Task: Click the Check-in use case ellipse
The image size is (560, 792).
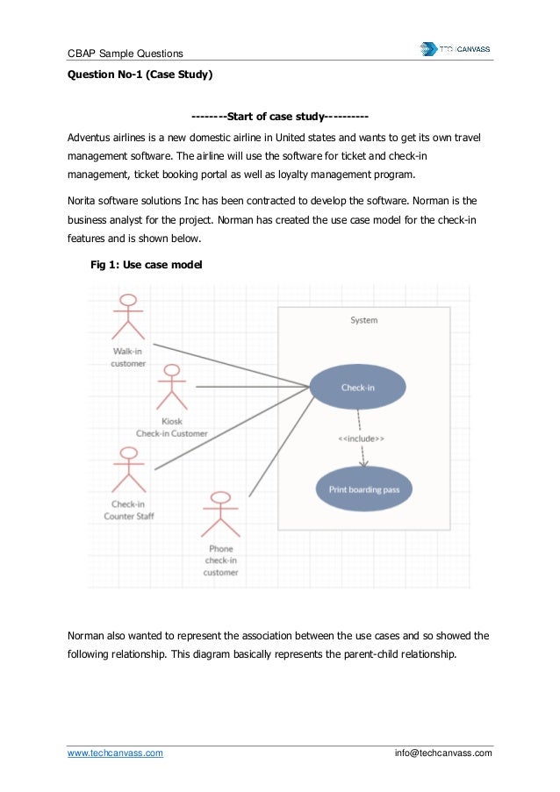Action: (x=357, y=388)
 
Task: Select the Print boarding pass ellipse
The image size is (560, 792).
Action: (x=363, y=489)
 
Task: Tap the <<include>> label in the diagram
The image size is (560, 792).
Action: (x=361, y=439)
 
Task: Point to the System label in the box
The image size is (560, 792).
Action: (x=363, y=320)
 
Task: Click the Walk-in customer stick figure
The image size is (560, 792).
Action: (x=128, y=318)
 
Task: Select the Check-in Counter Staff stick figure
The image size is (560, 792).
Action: (x=129, y=470)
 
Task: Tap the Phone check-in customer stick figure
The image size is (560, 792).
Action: (x=220, y=515)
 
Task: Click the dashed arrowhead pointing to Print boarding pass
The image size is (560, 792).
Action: (x=363, y=463)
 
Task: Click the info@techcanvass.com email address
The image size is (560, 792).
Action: (x=444, y=753)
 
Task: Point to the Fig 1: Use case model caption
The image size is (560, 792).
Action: (x=147, y=263)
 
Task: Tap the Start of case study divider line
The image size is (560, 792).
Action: (x=279, y=117)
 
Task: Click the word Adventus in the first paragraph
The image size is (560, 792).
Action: (x=92, y=139)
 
